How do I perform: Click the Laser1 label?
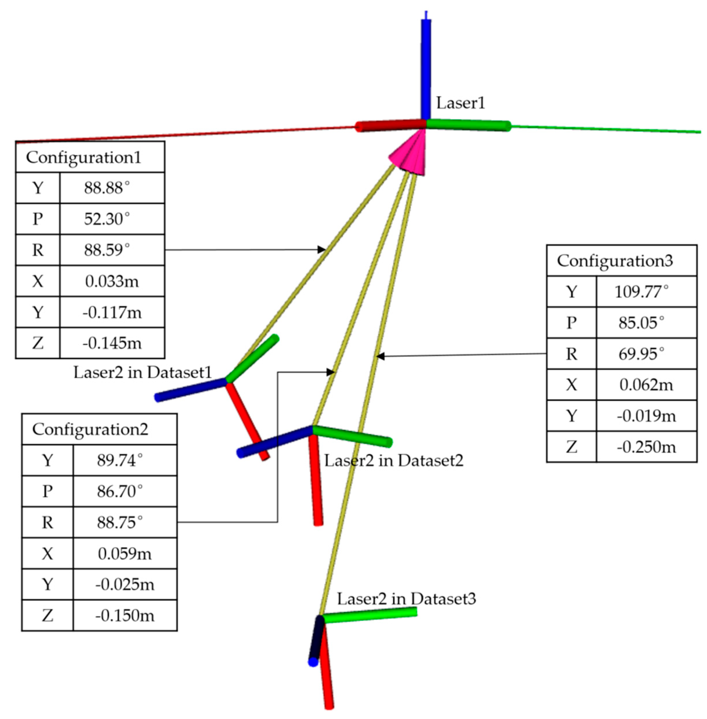pyautogui.click(x=460, y=103)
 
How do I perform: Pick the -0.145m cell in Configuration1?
pyautogui.click(x=112, y=343)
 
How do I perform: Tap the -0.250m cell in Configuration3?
pyautogui.click(x=646, y=447)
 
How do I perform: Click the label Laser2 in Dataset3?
pyautogui.click(x=406, y=598)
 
